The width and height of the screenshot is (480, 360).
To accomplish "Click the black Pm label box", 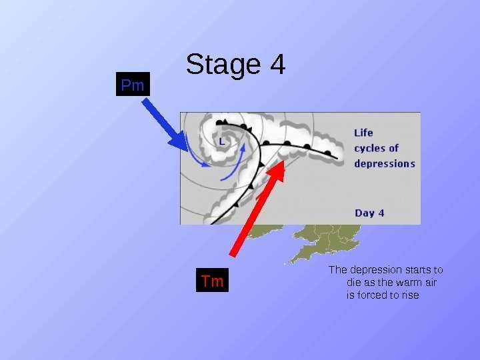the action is pyautogui.click(x=133, y=85).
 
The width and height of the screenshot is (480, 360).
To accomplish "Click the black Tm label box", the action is pyautogui.click(x=213, y=281).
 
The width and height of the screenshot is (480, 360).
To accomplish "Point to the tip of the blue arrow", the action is pyautogui.click(x=188, y=148).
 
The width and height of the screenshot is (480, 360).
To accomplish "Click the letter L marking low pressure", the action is pyautogui.click(x=222, y=141).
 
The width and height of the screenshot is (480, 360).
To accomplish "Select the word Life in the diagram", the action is pyautogui.click(x=363, y=133).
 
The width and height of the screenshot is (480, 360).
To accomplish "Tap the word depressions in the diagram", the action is pyautogui.click(x=385, y=163).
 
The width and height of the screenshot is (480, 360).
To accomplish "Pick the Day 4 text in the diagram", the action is pyautogui.click(x=369, y=213).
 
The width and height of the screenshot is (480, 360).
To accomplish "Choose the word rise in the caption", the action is pyautogui.click(x=411, y=295).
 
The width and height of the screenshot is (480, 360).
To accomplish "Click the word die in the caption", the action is pyautogui.click(x=355, y=283).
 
